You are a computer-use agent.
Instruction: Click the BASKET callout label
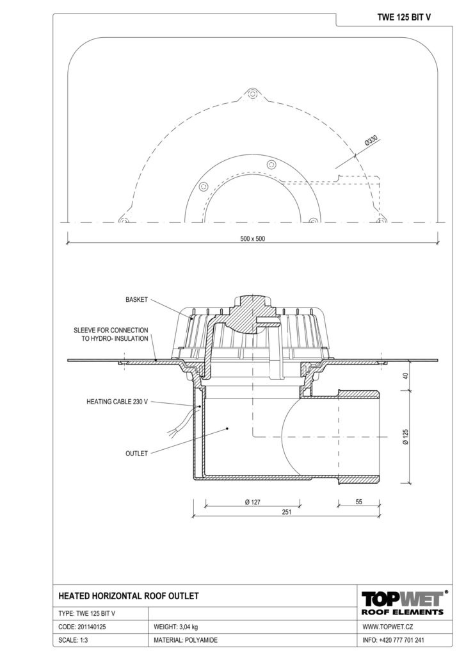click(137, 300)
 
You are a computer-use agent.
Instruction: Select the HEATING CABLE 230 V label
click(117, 402)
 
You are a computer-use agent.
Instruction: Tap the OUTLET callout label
click(137, 453)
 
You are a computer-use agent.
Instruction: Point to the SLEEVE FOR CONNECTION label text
click(111, 331)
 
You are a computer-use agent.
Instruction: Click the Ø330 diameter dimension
click(371, 141)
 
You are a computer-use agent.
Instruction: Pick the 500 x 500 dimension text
click(253, 238)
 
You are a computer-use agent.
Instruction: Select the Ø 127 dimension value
click(253, 502)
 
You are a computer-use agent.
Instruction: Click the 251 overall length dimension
click(286, 512)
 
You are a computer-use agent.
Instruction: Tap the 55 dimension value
click(358, 502)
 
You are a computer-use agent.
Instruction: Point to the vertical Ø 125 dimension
click(405, 437)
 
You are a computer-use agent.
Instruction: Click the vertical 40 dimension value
click(405, 376)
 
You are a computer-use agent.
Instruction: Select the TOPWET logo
click(403, 598)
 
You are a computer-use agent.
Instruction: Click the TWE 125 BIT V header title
click(404, 17)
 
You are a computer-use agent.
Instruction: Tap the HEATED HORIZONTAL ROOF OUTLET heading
click(128, 596)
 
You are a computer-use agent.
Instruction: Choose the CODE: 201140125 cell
click(82, 627)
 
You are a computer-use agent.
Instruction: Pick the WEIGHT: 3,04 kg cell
click(176, 627)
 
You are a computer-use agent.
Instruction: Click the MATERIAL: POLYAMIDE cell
click(186, 640)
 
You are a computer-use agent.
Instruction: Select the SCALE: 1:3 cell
click(73, 640)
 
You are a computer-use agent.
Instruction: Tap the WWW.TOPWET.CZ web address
click(387, 627)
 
